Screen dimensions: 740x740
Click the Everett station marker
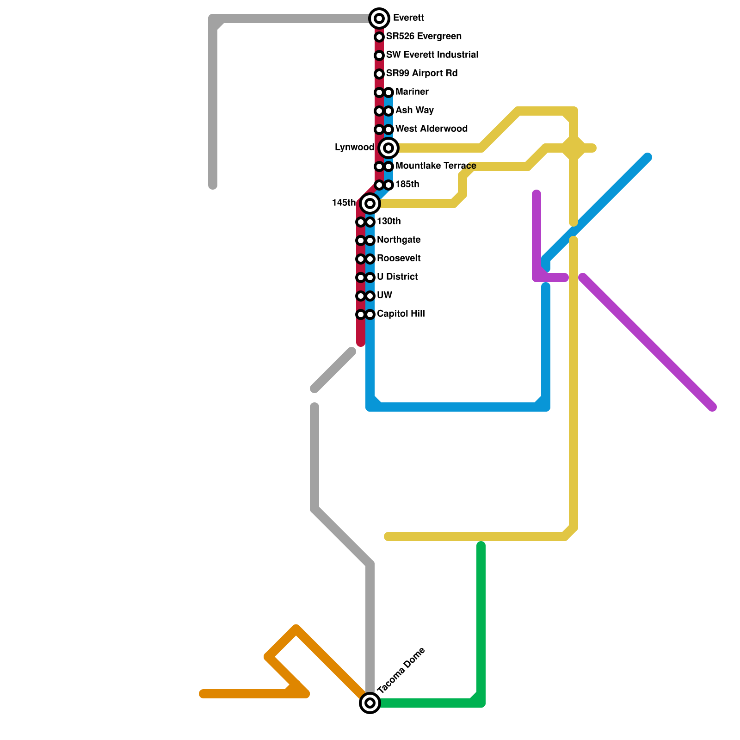(x=379, y=18)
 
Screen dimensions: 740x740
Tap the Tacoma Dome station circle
(x=370, y=703)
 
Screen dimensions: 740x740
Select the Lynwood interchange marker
(x=389, y=148)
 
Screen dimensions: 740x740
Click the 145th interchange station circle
(x=370, y=203)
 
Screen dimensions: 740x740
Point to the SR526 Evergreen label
(x=424, y=37)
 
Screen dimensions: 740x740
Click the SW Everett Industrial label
(x=432, y=55)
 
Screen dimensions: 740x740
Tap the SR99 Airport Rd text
(x=422, y=74)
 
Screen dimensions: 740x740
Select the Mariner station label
(x=412, y=92)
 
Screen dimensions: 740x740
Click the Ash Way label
(x=414, y=111)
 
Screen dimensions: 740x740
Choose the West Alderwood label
(x=432, y=129)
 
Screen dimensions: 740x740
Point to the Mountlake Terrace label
(x=436, y=166)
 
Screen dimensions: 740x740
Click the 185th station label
(x=407, y=185)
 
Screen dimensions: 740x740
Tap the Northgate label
(x=399, y=240)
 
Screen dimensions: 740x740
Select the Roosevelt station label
(x=399, y=259)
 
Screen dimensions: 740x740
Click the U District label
(x=397, y=277)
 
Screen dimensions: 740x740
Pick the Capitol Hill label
(x=401, y=314)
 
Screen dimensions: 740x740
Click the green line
(x=481, y=624)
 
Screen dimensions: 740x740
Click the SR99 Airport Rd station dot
(x=379, y=74)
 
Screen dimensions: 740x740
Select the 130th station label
(x=388, y=222)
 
